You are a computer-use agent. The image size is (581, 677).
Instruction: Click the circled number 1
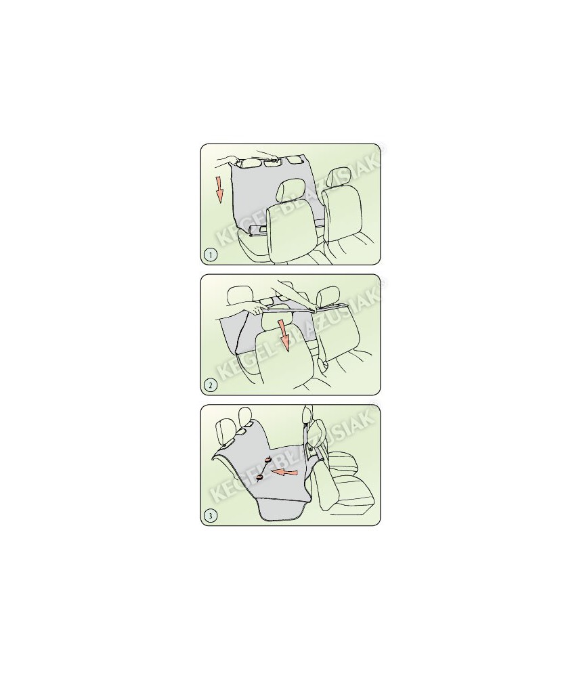coord(211,255)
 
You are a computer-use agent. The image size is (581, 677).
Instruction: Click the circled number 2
coord(211,385)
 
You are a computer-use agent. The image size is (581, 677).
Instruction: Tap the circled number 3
coord(211,515)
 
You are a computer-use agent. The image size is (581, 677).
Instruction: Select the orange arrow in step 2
coord(283,336)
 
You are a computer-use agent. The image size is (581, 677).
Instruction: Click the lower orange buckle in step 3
coord(260,477)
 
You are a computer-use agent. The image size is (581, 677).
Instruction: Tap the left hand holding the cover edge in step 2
coord(255,309)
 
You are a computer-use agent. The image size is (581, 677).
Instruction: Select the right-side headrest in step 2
coord(325,298)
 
